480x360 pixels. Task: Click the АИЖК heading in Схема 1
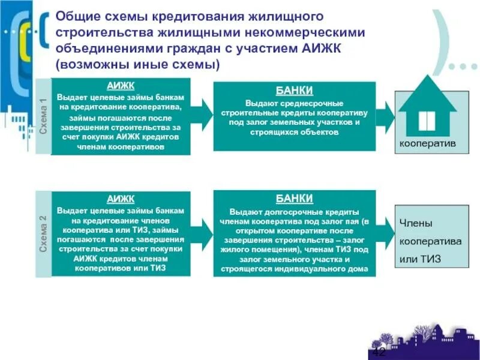pyautogui.click(x=121, y=86)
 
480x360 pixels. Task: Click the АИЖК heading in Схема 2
pyautogui.click(x=121, y=199)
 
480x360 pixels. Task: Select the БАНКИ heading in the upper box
pyautogui.click(x=294, y=91)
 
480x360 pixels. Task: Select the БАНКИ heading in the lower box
pyautogui.click(x=294, y=198)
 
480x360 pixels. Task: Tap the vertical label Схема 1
pyautogui.click(x=43, y=116)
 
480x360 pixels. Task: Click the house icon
pyautogui.click(x=427, y=108)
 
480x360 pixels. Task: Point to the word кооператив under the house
pyautogui.click(x=427, y=144)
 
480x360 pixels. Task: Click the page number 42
pyautogui.click(x=379, y=351)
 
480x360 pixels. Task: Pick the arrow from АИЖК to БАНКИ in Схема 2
pyautogui.click(x=202, y=231)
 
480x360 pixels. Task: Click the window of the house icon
pyautogui.click(x=427, y=120)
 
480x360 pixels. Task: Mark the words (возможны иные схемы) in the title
pyautogui.click(x=139, y=63)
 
